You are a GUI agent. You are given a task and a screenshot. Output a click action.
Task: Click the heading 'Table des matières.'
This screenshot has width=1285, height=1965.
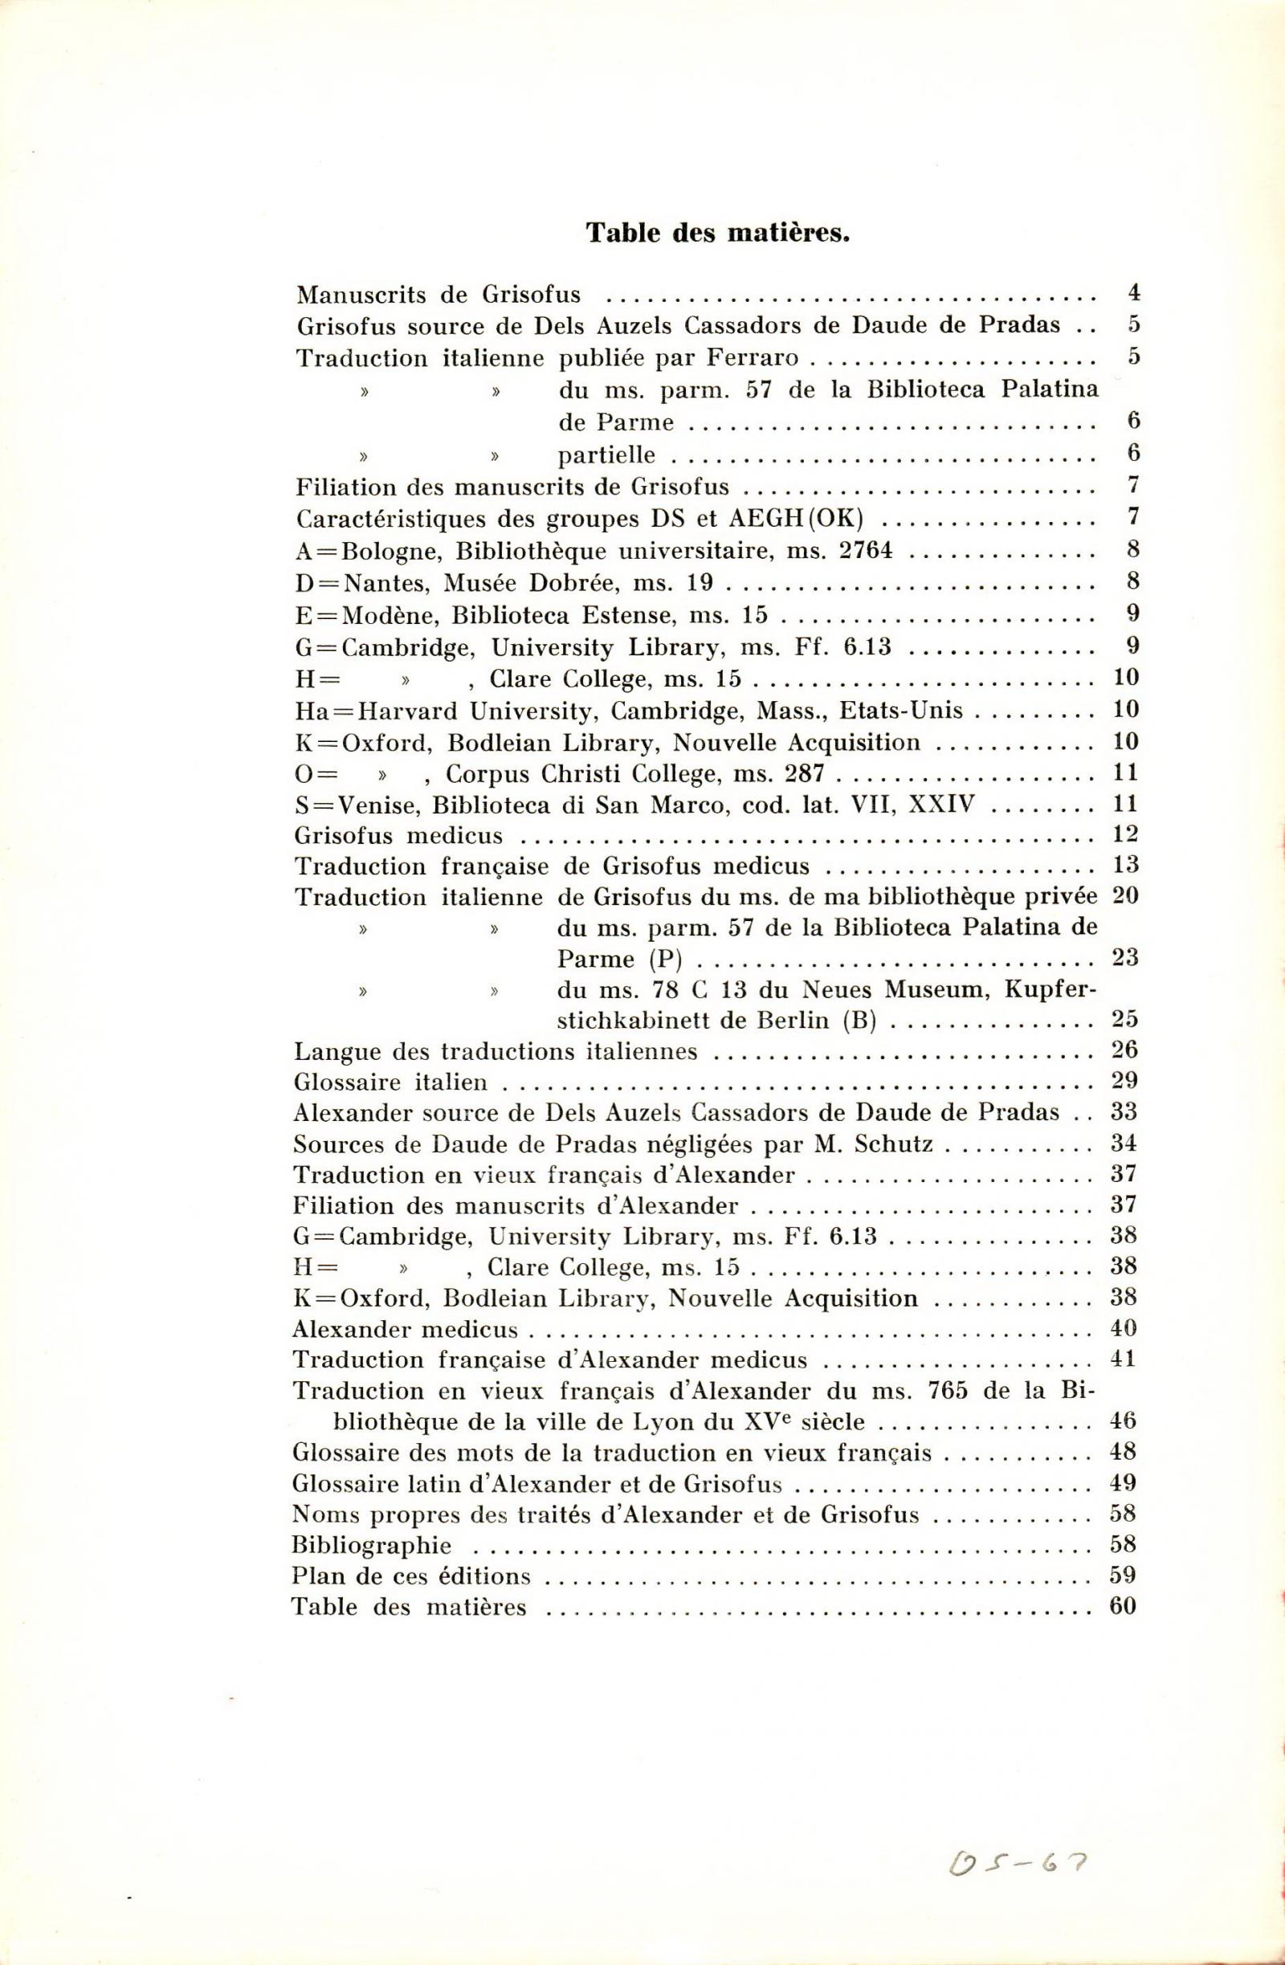718,233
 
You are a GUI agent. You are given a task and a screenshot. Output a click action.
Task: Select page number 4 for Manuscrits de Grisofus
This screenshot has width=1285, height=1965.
1133,292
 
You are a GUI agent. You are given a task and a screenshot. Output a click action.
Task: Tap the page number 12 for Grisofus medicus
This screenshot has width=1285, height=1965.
1126,834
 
